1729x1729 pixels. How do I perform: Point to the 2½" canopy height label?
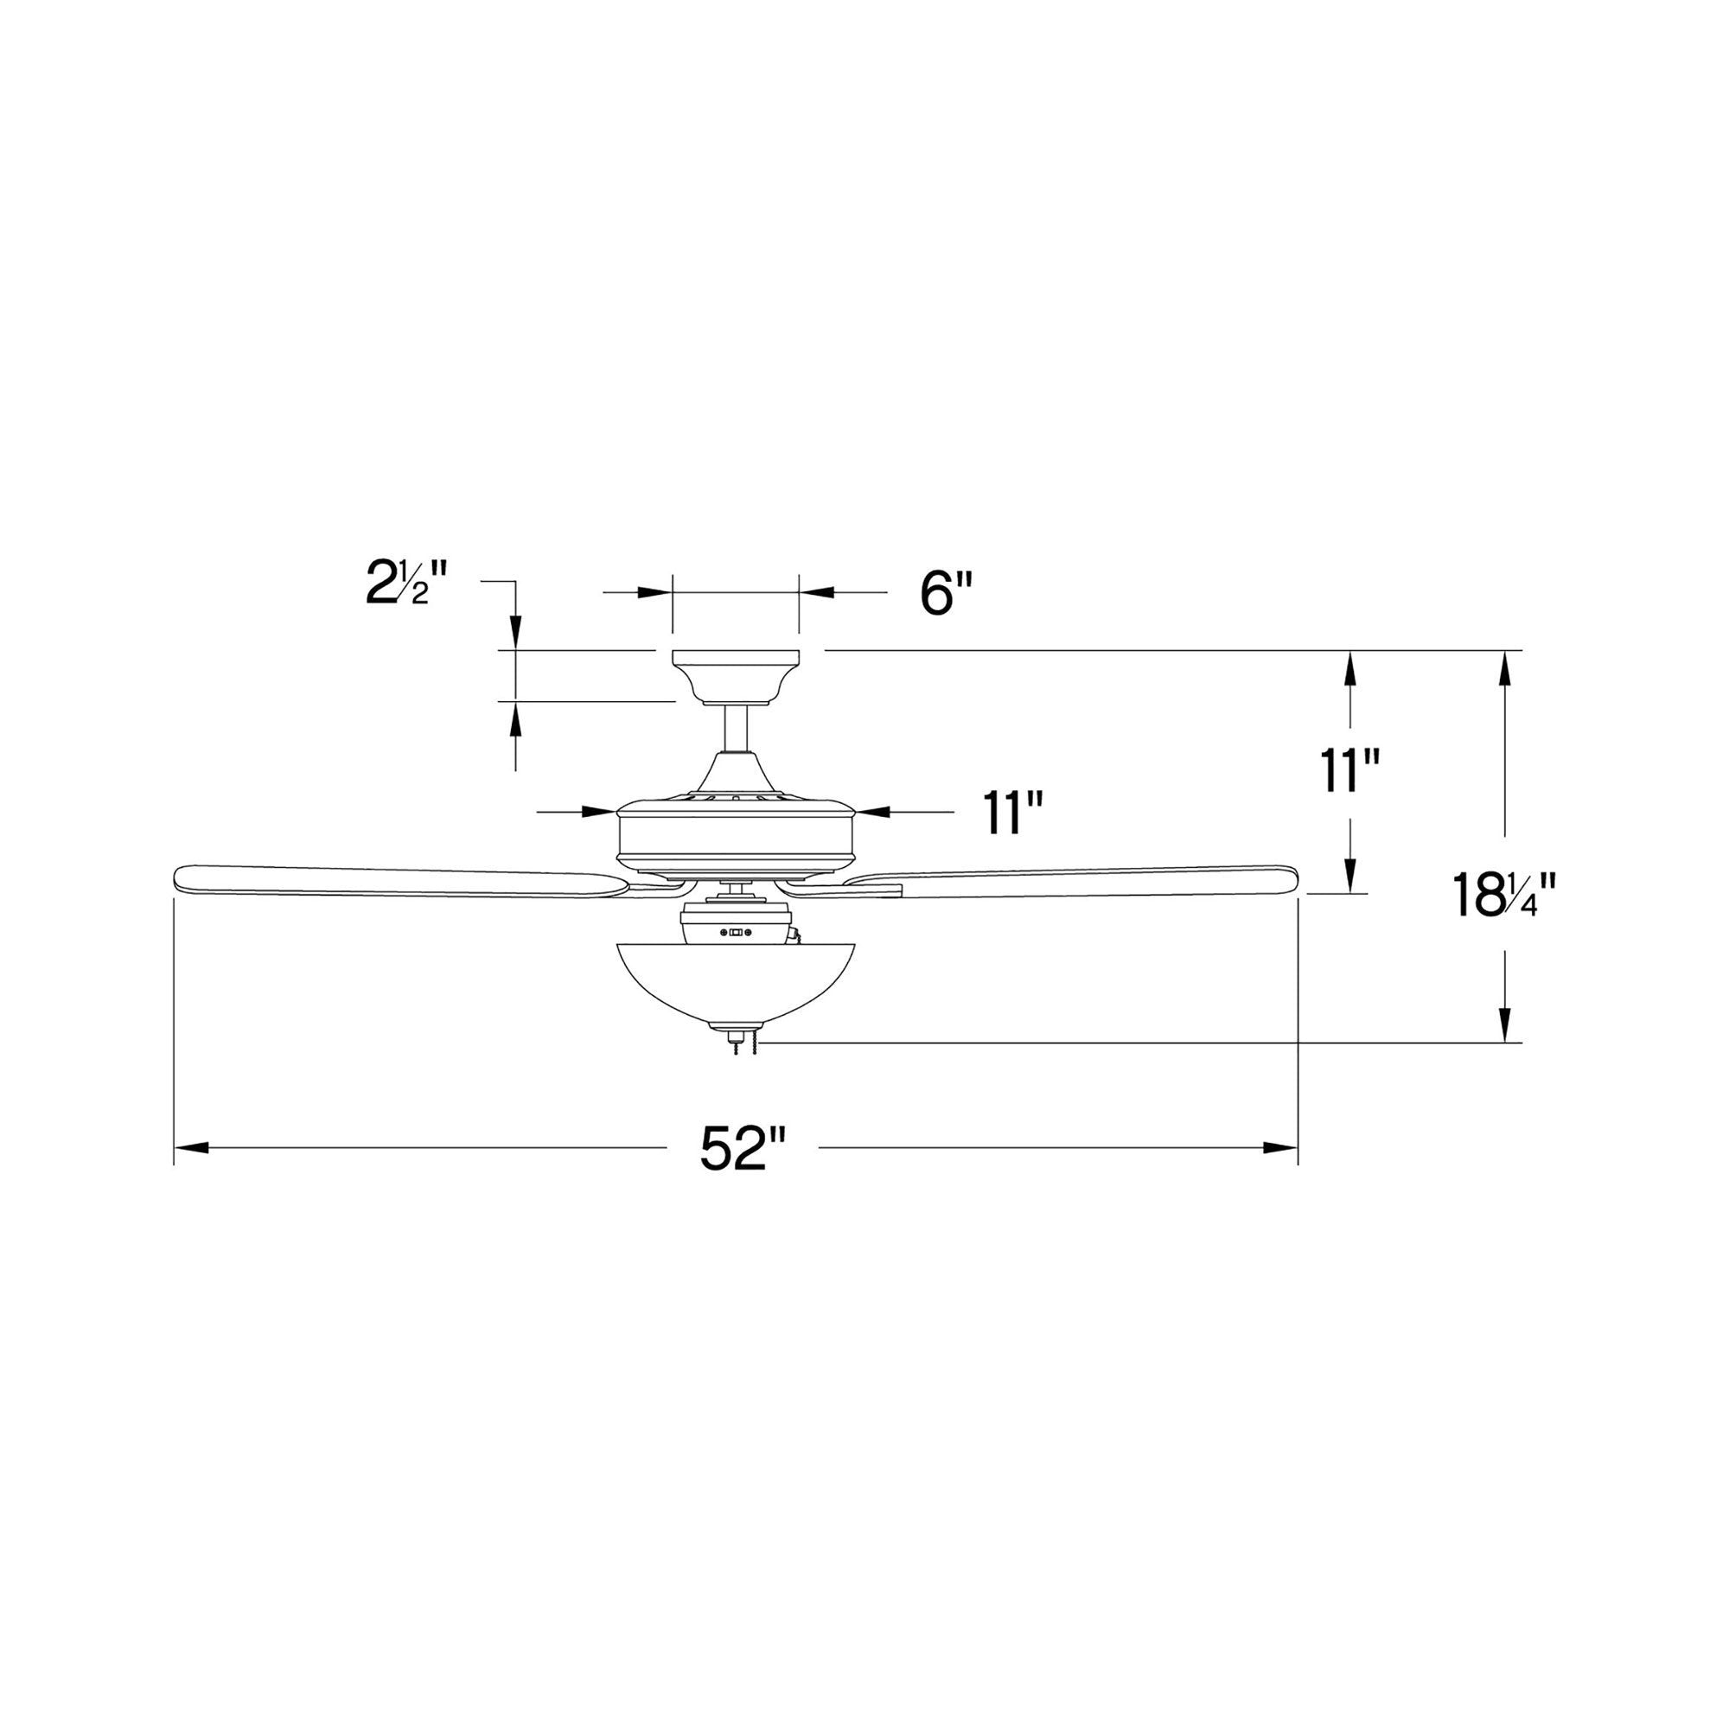[x=405, y=583]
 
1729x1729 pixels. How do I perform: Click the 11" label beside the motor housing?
[x=1014, y=812]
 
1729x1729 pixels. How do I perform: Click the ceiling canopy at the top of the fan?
[x=735, y=678]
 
